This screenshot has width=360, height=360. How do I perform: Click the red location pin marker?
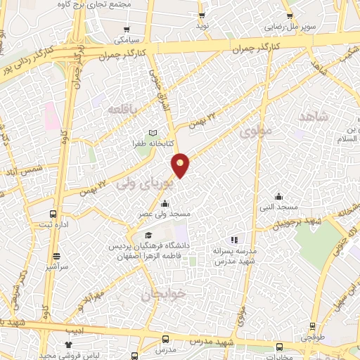coord(181,165)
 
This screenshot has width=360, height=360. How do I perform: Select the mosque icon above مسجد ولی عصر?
coord(165,203)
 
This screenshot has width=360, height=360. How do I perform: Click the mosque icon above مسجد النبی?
coord(279,196)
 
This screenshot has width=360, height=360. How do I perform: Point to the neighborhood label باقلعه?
coord(124,108)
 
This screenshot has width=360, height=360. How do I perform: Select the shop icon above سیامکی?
coord(127,30)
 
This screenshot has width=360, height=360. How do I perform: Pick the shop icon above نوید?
coord(202,15)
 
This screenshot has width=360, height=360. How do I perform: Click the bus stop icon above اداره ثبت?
coord(53,214)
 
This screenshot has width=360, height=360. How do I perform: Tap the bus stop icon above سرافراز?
coord(56,256)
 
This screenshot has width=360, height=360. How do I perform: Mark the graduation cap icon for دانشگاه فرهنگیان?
coord(148,236)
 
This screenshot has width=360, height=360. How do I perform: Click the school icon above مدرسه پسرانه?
coord(234,239)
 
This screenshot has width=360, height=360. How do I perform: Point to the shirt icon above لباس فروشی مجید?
coord(68,344)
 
